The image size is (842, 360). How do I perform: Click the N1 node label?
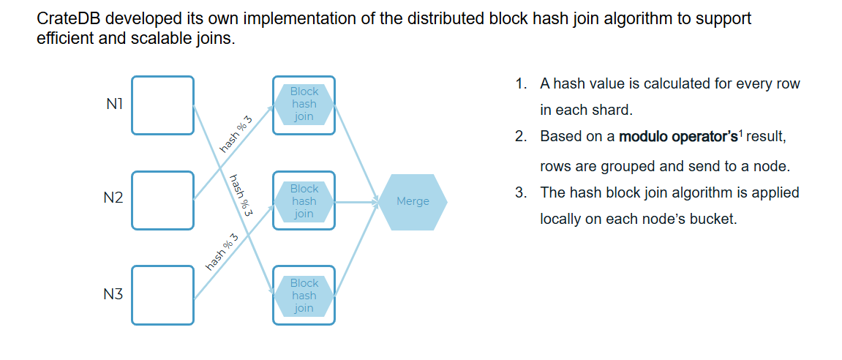click(x=112, y=105)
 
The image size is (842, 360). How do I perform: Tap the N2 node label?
click(x=113, y=198)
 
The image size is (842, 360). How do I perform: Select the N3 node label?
click(x=113, y=294)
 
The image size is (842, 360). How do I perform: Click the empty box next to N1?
click(x=162, y=105)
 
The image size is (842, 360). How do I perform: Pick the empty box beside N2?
click(x=162, y=200)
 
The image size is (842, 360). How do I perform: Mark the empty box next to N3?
click(x=162, y=295)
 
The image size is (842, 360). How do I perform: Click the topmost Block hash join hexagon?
click(x=304, y=105)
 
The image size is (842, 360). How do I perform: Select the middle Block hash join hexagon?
click(x=304, y=201)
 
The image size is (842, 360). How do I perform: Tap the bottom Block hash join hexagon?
click(x=304, y=296)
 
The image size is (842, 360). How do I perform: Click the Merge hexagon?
click(x=413, y=201)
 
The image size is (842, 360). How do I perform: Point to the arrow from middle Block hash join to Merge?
click(x=357, y=201)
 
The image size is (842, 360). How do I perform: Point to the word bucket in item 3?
click(x=713, y=219)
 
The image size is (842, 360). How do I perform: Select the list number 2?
click(x=520, y=137)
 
